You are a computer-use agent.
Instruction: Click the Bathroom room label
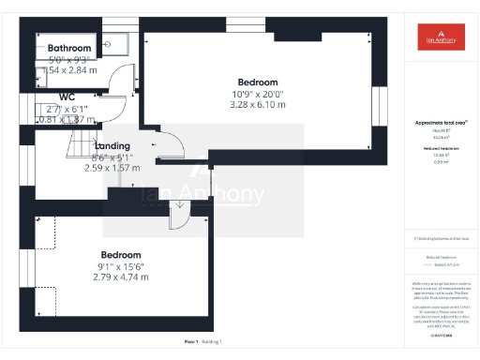(69, 48)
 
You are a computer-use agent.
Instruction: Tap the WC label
(67, 97)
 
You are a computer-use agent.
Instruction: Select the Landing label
(112, 145)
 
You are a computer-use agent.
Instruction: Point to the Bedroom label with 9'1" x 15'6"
(121, 255)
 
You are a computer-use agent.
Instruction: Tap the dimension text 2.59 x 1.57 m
(112, 168)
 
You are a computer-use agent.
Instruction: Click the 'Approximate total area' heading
(441, 123)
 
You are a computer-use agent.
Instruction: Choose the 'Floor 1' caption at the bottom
(190, 344)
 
